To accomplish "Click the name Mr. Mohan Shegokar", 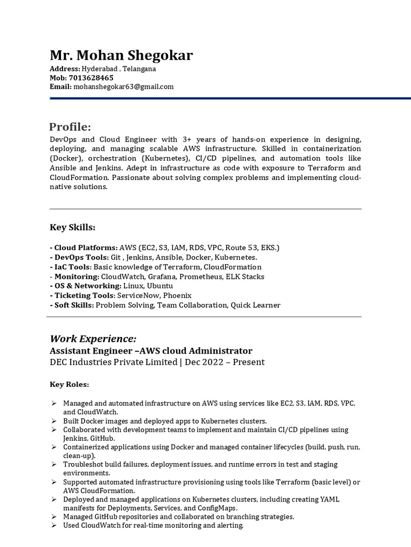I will (121, 56).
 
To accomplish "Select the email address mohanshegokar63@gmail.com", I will (124, 87).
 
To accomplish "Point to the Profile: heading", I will (70, 127).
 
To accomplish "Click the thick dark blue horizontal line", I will (230, 98).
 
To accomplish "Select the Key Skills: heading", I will (73, 228).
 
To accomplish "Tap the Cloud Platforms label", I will (85, 248).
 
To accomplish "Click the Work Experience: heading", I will (93, 339).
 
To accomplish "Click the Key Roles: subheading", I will (70, 384).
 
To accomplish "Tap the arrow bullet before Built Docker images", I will (54, 421).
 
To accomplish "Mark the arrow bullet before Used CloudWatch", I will (54, 526).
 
